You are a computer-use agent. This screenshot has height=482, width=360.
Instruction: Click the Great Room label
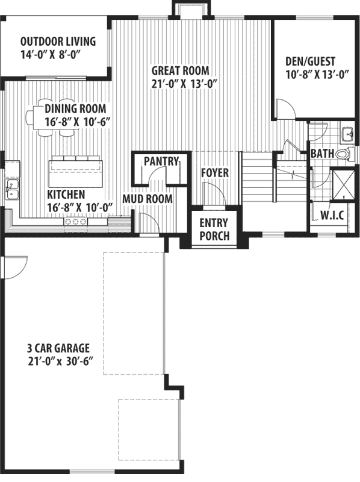[184, 76]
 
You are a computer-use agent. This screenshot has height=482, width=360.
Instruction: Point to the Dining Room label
[75, 114]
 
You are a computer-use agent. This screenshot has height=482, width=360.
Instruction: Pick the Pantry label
[161, 161]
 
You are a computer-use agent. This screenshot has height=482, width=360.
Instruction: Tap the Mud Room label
[147, 199]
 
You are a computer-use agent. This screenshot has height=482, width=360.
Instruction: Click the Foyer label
[215, 174]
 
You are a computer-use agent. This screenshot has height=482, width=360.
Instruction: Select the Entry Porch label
[214, 228]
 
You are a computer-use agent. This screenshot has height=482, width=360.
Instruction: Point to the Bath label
[322, 154]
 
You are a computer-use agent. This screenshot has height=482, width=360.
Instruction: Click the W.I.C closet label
[332, 215]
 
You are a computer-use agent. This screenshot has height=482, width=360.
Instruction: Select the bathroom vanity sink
[347, 135]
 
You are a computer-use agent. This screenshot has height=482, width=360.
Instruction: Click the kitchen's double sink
[11, 189]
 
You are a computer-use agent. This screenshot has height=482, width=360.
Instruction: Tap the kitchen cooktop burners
[76, 222]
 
